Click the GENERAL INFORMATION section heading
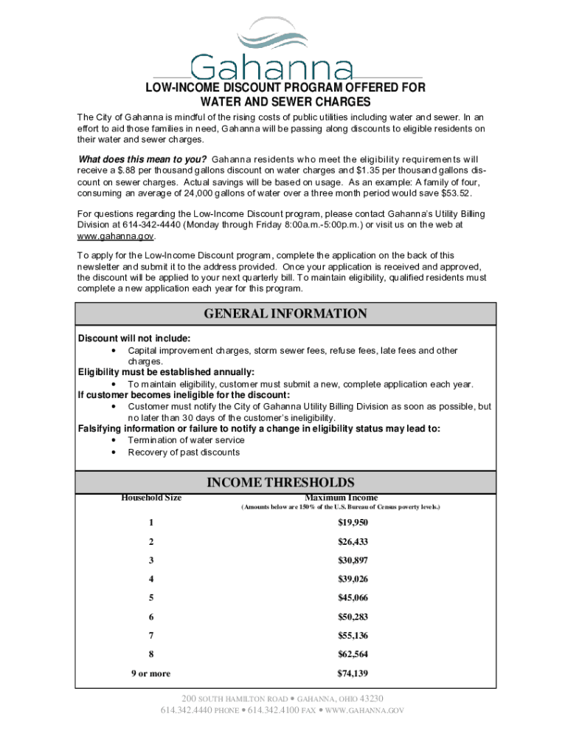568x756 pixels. point(285,314)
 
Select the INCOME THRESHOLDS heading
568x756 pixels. point(285,483)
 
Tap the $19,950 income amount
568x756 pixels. point(353,523)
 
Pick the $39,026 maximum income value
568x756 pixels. point(353,579)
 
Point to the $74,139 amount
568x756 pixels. point(353,673)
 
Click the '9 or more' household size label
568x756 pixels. point(151,673)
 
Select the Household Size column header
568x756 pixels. point(151,498)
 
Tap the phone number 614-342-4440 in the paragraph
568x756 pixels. point(151,224)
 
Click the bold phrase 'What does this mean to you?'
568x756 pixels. point(142,159)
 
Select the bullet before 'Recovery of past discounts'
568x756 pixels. point(113,453)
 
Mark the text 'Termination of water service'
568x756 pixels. point(186,440)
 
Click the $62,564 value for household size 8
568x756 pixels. point(353,654)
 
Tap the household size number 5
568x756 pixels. point(151,598)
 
